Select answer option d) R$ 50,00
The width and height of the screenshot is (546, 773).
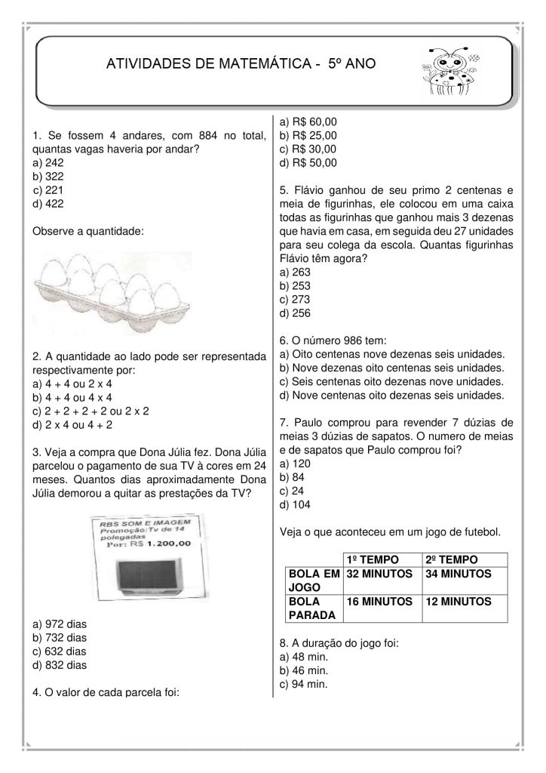(308, 162)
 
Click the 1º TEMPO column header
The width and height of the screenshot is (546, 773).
(370, 560)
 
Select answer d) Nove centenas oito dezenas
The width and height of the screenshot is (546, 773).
(391, 395)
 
